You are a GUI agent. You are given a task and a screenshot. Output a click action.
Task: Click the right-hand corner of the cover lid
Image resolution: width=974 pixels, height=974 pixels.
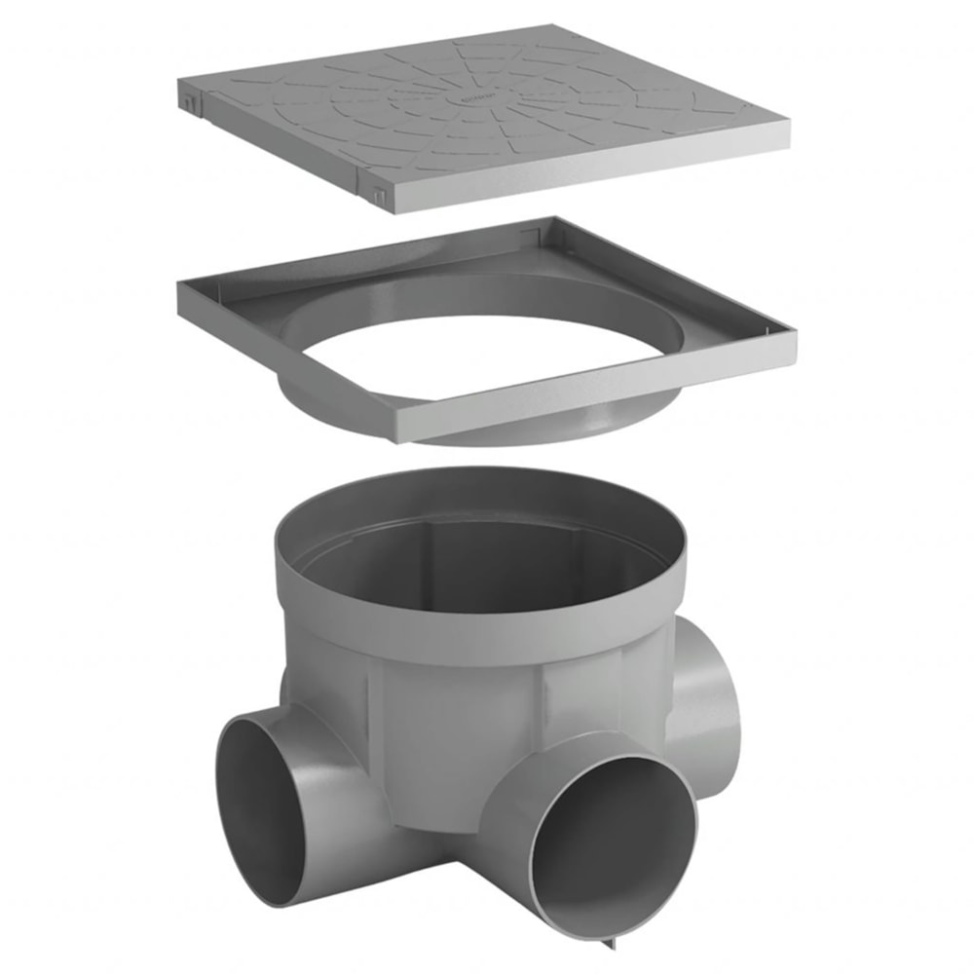(x=785, y=127)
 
